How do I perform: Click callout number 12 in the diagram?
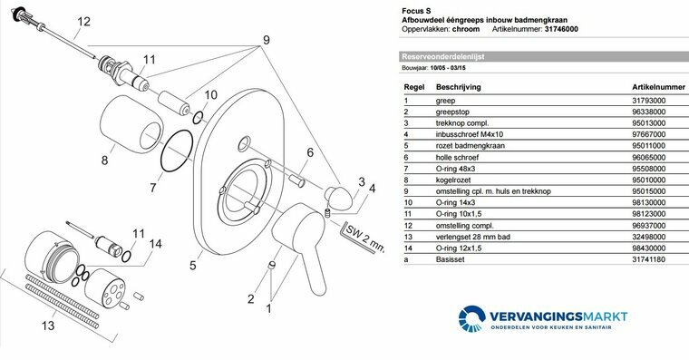[83, 22]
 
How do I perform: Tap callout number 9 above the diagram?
[267, 40]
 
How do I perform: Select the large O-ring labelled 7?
[177, 151]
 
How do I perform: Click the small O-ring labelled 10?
[199, 118]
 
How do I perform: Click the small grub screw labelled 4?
[327, 213]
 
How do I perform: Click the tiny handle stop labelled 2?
[272, 265]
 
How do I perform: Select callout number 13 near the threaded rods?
[48, 326]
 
